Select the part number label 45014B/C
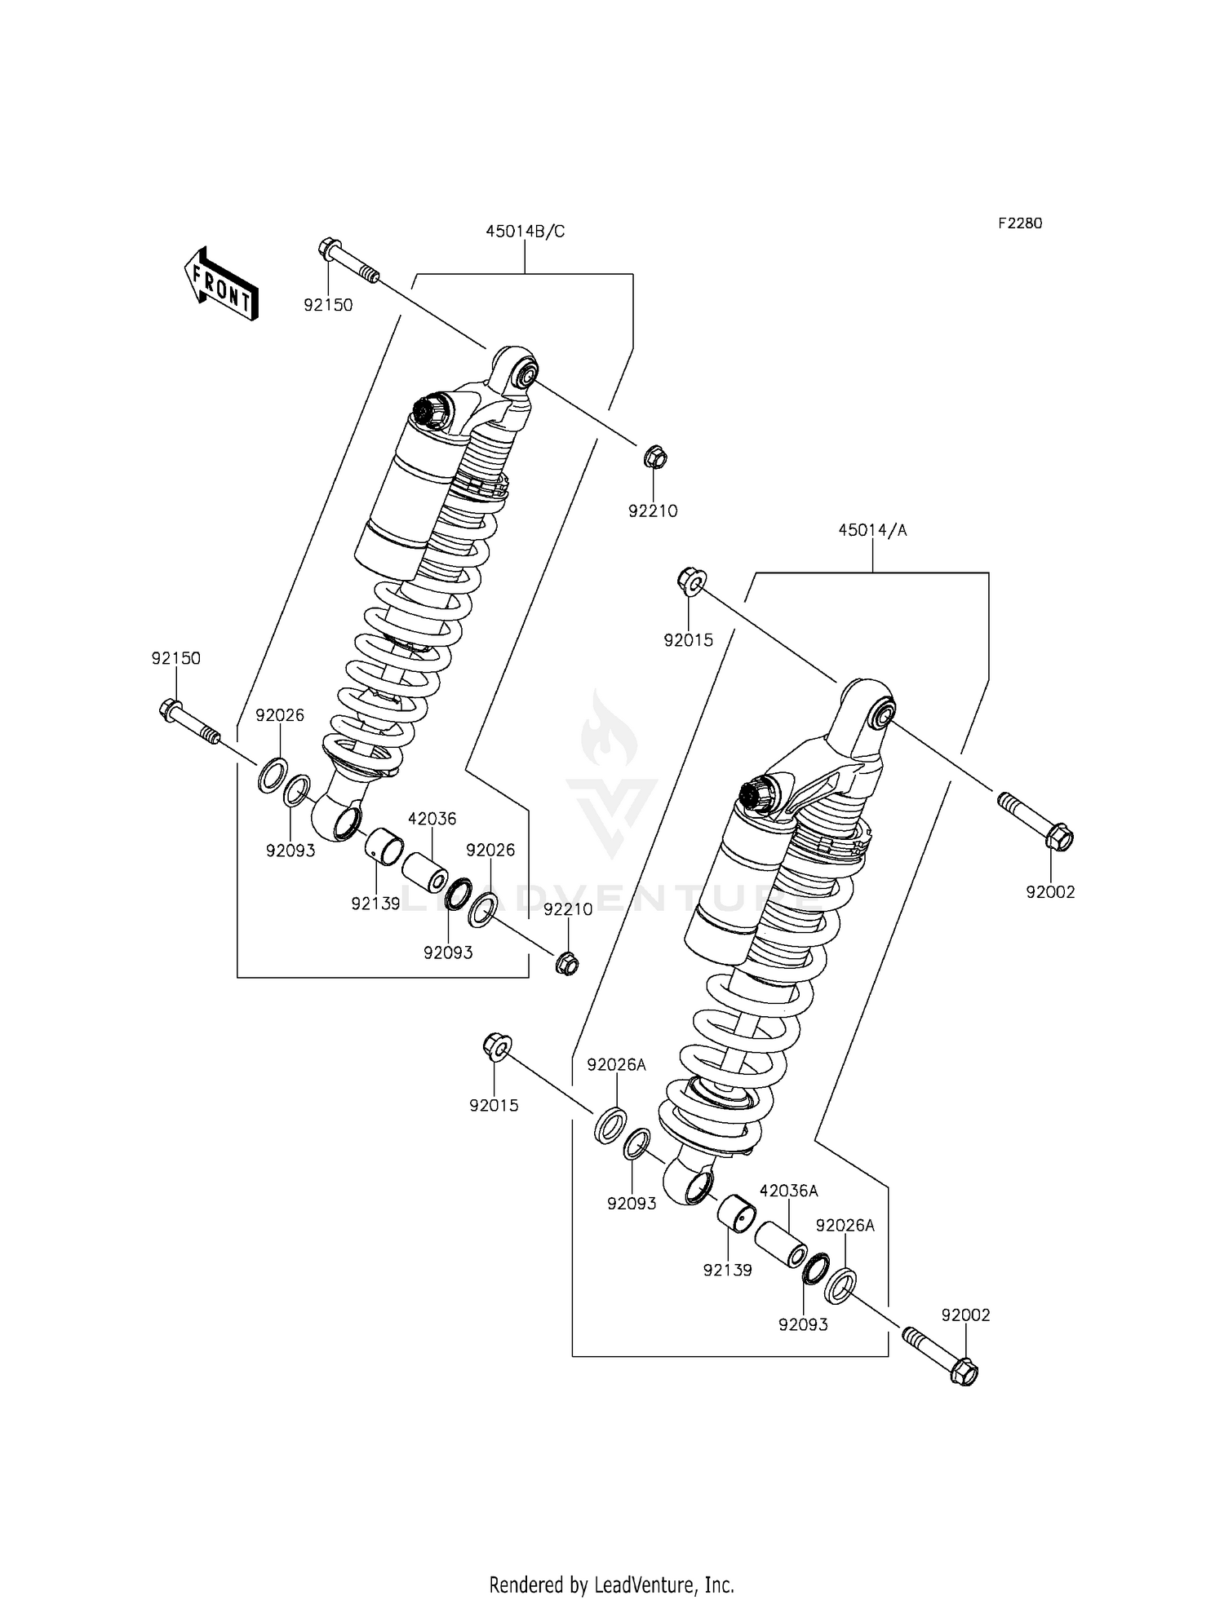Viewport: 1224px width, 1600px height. tap(525, 232)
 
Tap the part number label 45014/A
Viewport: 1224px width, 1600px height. tap(872, 531)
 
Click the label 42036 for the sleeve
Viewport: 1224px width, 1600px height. tap(432, 819)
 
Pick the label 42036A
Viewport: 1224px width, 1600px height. tap(788, 1191)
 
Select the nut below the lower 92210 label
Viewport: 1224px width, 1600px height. tap(566, 963)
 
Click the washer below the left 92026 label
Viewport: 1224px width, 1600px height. tap(273, 774)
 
